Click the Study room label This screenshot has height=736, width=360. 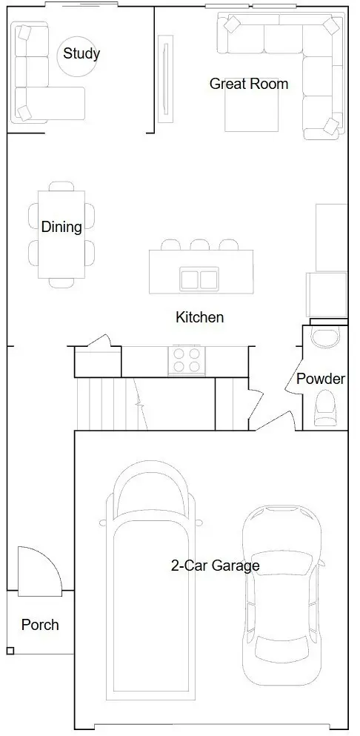pos(81,53)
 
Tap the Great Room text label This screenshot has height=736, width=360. pos(248,84)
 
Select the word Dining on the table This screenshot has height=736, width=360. pos(61,227)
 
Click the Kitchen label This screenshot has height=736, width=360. pos(199,317)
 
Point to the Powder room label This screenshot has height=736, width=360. pos(321,379)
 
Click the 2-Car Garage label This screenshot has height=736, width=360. pos(215,566)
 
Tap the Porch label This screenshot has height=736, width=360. pos(40,625)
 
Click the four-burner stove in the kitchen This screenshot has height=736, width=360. pos(187,360)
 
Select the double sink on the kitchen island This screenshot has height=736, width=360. pos(199,279)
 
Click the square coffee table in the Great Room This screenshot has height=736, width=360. pos(252,105)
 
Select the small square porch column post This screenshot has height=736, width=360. pos(10,651)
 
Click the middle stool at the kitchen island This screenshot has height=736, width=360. pos(200,245)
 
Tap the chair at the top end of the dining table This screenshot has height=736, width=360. pos(61,186)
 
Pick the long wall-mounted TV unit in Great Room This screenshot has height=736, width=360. pos(164,79)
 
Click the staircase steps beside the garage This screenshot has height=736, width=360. pos(112,403)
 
